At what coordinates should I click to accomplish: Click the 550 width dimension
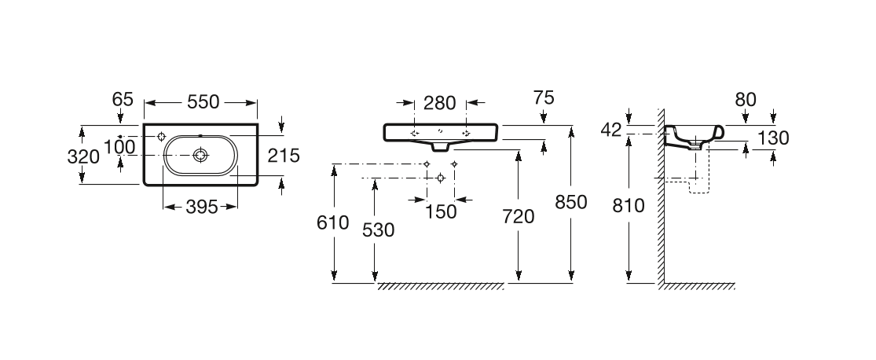click(x=203, y=102)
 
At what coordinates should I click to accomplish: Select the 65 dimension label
click(x=123, y=100)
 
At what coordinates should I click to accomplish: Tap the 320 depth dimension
click(x=83, y=156)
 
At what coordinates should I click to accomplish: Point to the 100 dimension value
click(x=119, y=147)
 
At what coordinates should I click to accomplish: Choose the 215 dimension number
click(x=284, y=156)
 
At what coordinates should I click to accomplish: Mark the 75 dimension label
click(x=544, y=98)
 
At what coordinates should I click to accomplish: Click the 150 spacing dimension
click(x=440, y=212)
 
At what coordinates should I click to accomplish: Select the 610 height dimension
click(x=332, y=222)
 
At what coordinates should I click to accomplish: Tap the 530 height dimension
click(x=379, y=230)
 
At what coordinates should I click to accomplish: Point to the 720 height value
click(x=518, y=216)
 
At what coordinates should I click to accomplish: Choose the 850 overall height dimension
click(x=571, y=202)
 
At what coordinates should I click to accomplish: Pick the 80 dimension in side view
click(x=746, y=100)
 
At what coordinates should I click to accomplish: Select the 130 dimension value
click(x=775, y=138)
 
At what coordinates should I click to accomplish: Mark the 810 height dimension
click(x=629, y=206)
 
